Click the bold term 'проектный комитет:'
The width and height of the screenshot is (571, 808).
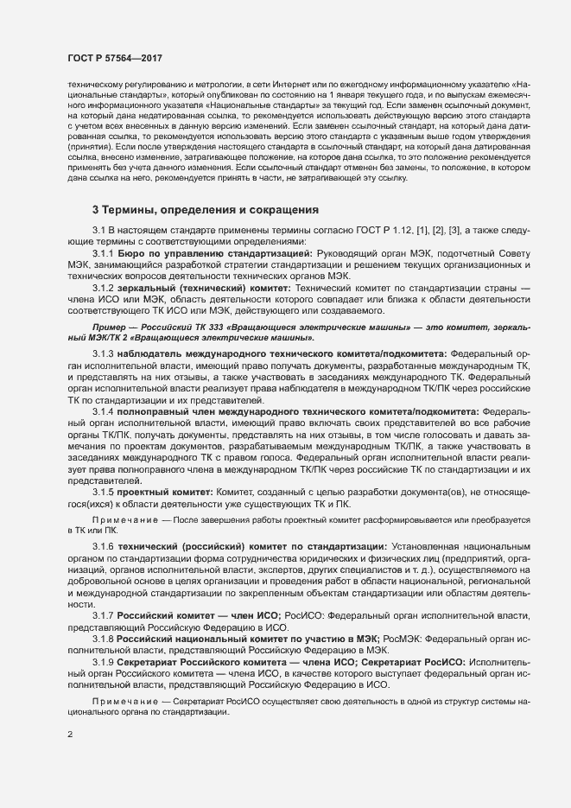tap(161, 492)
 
